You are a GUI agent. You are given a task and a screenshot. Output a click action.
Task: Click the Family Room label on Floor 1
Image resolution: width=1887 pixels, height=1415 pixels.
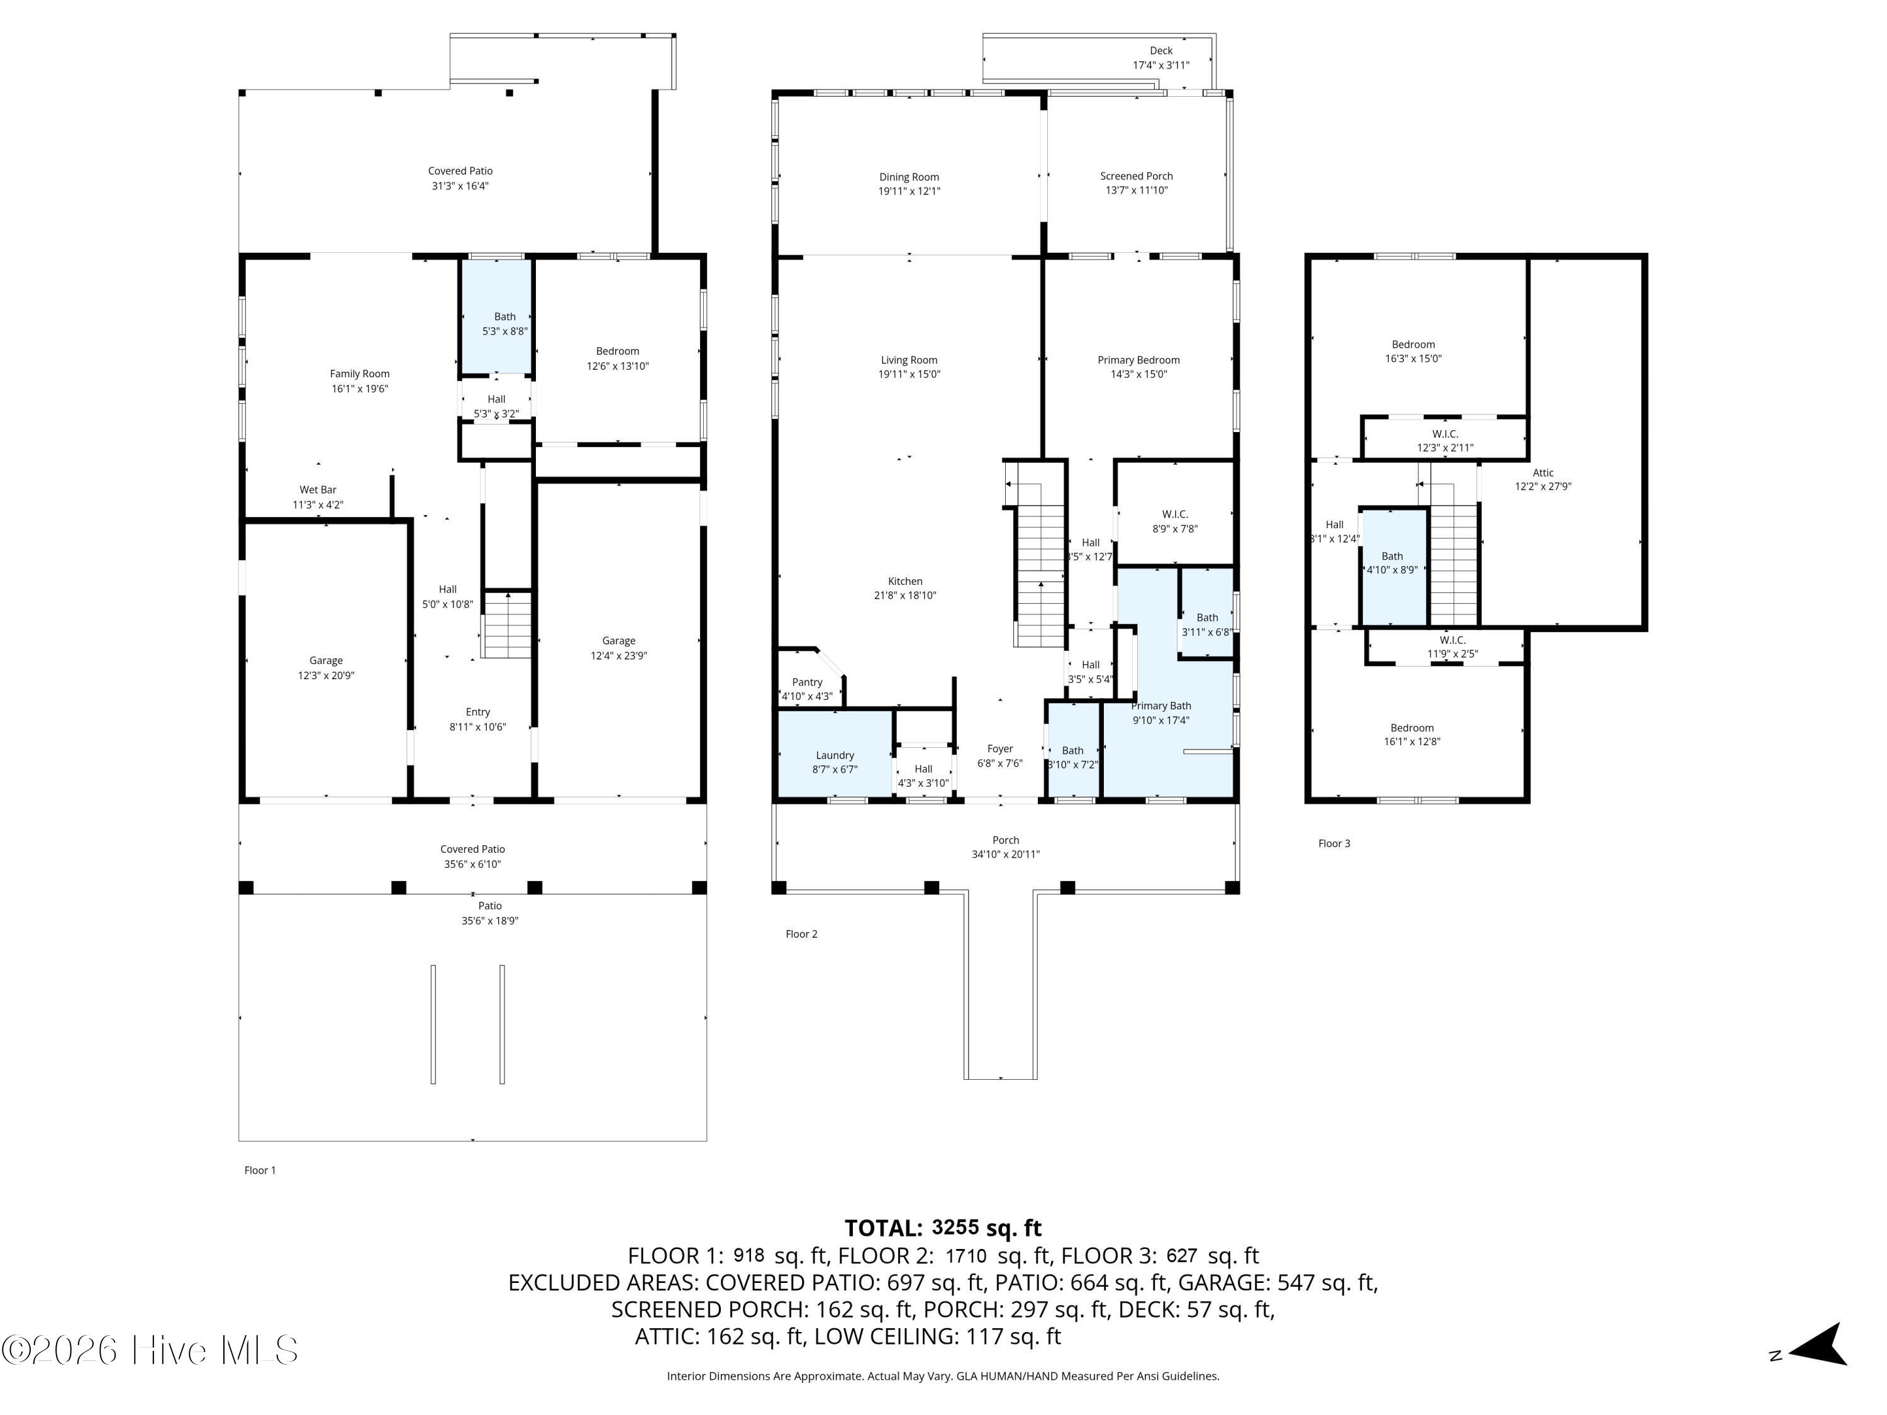pos(359,374)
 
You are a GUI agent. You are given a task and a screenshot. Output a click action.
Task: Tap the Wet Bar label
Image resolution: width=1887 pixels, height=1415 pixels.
pos(318,489)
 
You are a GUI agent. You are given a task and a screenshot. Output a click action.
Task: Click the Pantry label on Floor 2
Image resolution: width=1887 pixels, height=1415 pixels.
pos(807,682)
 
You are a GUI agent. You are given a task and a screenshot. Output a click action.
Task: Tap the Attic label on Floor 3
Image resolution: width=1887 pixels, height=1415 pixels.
pos(1542,472)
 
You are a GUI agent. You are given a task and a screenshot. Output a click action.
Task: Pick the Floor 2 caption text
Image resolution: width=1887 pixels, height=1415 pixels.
pos(801,934)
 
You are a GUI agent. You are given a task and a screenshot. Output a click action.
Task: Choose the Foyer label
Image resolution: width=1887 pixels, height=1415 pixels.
pos(1000,749)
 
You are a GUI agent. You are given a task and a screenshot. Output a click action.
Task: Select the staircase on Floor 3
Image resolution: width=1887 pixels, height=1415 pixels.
pos(1453,563)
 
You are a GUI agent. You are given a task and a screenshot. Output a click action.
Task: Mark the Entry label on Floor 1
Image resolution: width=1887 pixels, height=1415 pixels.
pos(477,712)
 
